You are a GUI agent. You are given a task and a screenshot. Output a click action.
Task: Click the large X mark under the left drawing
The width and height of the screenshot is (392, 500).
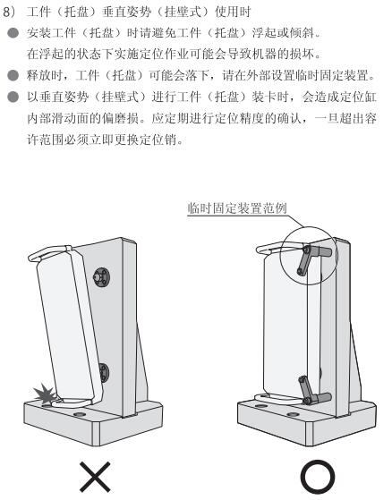point(95,477)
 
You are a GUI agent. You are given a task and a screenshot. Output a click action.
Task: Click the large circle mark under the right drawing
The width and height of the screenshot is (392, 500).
point(318,477)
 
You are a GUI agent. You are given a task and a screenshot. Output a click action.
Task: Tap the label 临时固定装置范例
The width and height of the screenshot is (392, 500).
point(237,208)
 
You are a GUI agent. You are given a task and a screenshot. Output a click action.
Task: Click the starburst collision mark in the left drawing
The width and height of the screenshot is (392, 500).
point(46,394)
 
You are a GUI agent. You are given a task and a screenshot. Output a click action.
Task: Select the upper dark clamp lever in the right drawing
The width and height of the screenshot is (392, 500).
point(314,258)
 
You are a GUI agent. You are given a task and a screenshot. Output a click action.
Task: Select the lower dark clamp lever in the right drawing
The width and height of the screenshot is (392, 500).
point(314,391)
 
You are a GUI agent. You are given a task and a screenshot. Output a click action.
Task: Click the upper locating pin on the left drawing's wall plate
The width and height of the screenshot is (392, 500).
point(101,275)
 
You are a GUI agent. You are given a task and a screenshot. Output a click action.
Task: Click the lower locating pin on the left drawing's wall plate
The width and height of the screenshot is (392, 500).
point(104,372)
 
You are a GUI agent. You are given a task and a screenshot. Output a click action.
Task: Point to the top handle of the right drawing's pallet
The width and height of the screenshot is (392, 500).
point(277,247)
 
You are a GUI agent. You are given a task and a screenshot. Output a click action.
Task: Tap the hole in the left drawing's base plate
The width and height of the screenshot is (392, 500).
point(79,414)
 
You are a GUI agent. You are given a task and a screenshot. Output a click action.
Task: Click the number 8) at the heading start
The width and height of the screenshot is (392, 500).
point(9,13)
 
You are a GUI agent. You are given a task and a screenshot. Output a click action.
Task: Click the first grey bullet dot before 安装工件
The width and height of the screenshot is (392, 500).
point(13,33)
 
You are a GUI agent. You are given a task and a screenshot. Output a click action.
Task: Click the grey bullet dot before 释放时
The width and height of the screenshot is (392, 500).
point(13,75)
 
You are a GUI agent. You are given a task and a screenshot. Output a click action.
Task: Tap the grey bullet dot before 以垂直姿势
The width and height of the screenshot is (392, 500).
point(13,97)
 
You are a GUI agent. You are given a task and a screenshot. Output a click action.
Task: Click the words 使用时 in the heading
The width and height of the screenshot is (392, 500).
point(233,13)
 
